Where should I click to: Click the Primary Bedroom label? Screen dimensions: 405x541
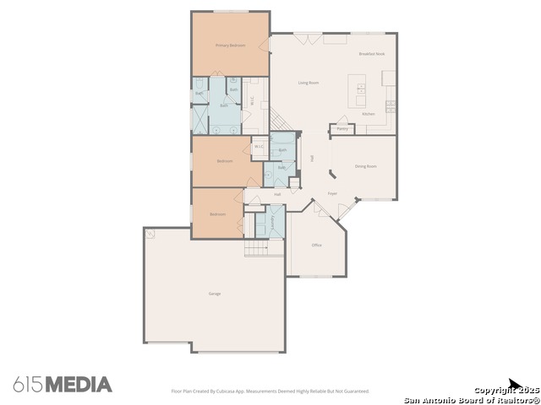pos(230,45)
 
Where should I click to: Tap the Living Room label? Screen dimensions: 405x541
pos(308,83)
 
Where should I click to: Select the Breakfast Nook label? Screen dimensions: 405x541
pos(371,53)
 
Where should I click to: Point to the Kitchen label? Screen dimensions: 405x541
pos(368,114)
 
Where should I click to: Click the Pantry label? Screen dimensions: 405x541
pos(342,129)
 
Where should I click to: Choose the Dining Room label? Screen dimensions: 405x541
pos(365,166)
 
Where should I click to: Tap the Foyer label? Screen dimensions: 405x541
pos(332,193)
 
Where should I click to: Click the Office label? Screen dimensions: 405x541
pos(317,245)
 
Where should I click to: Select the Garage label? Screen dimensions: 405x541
pos(215,294)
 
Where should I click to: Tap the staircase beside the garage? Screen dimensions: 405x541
pos(256,248)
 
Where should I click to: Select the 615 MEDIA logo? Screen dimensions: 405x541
pos(63,384)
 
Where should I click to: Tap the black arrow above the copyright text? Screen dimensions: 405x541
pos(514,385)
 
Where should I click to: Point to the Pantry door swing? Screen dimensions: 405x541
pos(342,120)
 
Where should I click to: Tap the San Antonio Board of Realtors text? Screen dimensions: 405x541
pos(472,399)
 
